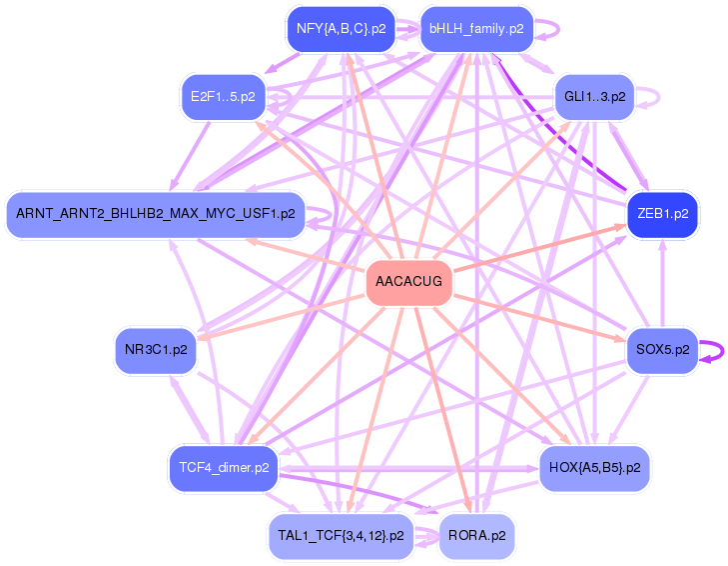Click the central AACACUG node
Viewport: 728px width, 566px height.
[x=409, y=283]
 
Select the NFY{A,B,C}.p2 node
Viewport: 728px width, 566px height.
[x=342, y=29]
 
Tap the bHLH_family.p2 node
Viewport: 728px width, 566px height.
[x=476, y=29]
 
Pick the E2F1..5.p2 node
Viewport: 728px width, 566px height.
[x=223, y=97]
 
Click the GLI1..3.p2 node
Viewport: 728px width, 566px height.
[x=594, y=97]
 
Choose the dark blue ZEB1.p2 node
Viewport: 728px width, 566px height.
[x=662, y=214]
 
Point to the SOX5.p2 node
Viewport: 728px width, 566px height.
[x=662, y=350]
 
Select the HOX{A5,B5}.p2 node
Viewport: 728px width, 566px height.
[x=594, y=467]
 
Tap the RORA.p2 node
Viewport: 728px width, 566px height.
[x=476, y=535]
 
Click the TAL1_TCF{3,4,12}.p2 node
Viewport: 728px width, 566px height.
[x=341, y=535]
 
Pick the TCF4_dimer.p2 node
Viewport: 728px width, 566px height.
[x=224, y=467]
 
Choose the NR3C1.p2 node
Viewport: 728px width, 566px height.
[x=155, y=350]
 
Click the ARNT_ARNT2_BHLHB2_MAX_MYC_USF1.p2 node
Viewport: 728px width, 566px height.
[x=155, y=214]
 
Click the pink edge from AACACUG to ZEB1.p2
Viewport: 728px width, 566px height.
[x=539, y=249]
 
